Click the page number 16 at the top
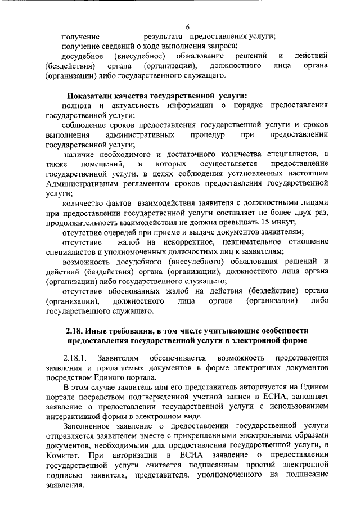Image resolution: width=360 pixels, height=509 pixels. pyautogui.click(x=186, y=26)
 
